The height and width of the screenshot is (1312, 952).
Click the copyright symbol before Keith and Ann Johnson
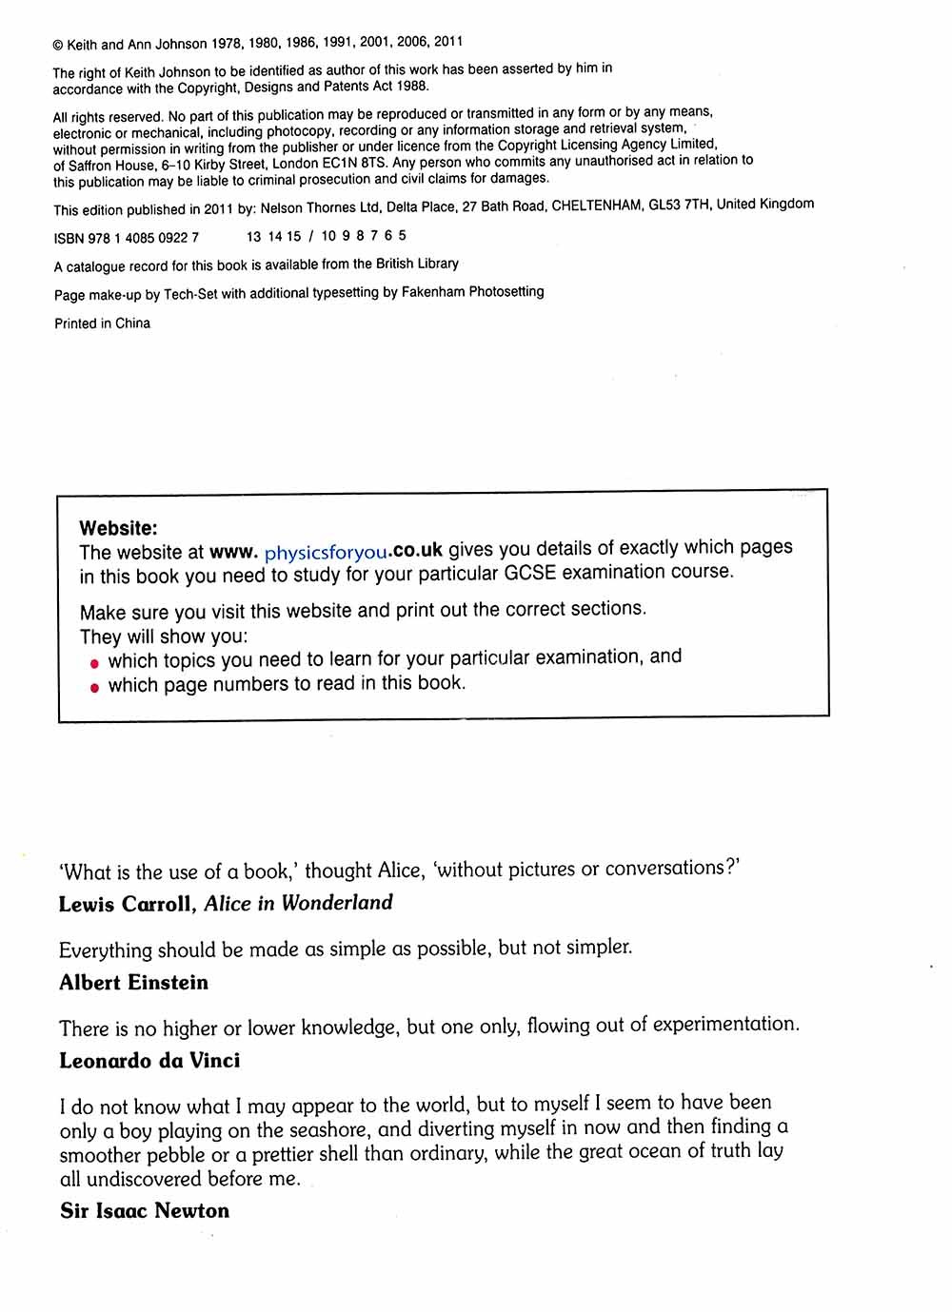58,45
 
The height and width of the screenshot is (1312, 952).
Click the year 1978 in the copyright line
227,44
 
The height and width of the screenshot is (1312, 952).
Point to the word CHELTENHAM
596,206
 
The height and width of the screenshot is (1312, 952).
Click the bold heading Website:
119,528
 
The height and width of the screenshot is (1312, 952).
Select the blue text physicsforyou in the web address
327,552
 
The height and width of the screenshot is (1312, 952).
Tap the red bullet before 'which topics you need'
94,663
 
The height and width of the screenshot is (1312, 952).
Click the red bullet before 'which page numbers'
94,688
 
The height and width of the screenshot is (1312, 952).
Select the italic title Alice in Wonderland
298,903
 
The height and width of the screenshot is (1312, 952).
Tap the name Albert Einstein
133,983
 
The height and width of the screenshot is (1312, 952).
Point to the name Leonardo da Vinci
149,1061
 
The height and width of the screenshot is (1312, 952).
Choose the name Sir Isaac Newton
145,1211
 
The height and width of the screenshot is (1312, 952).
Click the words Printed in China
102,323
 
